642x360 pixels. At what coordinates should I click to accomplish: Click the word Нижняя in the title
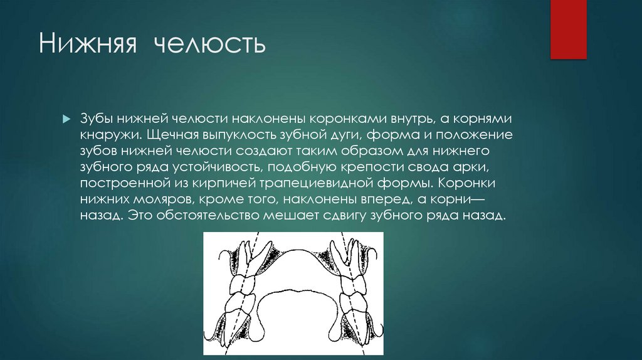click(x=90, y=45)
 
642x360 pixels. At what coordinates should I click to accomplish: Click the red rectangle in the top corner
click(x=568, y=29)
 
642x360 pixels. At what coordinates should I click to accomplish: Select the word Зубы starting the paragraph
click(x=97, y=119)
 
